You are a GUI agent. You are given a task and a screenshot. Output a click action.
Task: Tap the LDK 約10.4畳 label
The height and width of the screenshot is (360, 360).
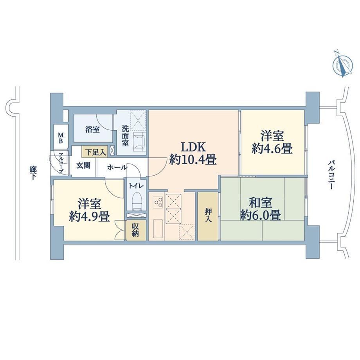193,153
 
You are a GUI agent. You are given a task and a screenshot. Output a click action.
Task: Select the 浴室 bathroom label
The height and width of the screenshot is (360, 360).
92,130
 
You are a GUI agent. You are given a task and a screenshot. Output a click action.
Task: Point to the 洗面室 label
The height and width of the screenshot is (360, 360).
125,135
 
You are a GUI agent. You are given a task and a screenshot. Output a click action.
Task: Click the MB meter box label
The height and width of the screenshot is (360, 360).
60,137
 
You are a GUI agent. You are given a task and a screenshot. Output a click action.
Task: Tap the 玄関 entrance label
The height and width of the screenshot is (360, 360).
83,165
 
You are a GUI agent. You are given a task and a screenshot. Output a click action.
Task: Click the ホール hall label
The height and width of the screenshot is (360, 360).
117,167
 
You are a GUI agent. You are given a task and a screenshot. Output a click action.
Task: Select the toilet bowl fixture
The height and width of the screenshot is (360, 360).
137,201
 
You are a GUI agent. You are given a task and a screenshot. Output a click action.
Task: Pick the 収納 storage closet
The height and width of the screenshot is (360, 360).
135,230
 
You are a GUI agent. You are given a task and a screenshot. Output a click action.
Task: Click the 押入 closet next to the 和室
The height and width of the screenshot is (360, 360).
208,216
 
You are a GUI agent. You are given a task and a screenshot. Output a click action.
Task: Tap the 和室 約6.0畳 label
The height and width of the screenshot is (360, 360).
261,209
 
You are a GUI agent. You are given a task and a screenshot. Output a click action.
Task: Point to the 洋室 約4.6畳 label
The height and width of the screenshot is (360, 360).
272,142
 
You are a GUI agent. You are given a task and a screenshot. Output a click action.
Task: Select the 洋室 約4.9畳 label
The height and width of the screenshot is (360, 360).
89,210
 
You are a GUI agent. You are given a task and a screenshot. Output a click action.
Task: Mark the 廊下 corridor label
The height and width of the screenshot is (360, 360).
32,173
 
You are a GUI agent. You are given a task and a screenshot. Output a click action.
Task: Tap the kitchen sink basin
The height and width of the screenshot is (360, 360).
158,229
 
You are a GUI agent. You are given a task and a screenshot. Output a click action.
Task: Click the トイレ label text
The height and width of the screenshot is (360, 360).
137,185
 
